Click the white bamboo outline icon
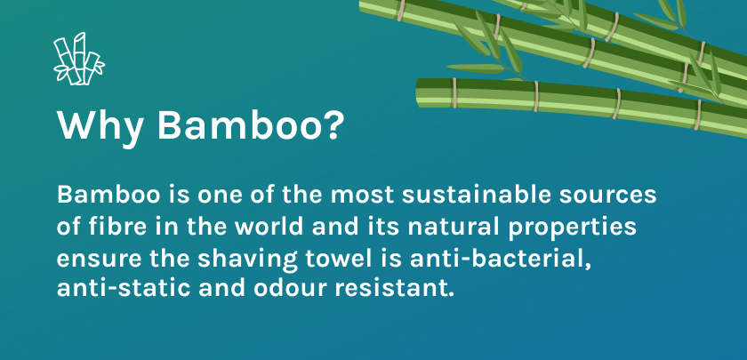[x=78, y=60]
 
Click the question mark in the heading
[x=329, y=124]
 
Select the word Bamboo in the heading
[x=235, y=125]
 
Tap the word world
[x=269, y=227]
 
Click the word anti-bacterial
[x=500, y=259]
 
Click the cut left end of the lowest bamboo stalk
[x=418, y=92]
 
